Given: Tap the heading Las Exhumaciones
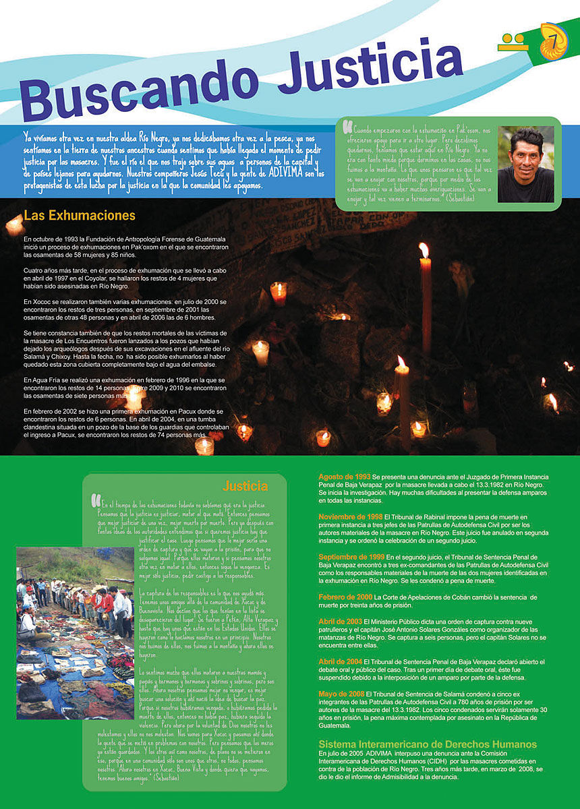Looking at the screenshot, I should [x=80, y=216].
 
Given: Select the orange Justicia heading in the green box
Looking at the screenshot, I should [x=245, y=485].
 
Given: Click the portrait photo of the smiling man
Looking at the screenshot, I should [x=525, y=164].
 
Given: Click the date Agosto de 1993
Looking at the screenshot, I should [x=344, y=477].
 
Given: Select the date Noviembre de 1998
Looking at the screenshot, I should [x=350, y=516].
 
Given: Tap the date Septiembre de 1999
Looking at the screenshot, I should [x=351, y=557].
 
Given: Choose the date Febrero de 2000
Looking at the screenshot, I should [x=345, y=597].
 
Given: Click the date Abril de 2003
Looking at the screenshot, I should [x=340, y=621].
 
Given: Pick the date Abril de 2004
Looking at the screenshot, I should [x=340, y=661].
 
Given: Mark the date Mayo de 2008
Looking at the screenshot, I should [x=341, y=693].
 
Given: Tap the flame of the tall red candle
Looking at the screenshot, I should [x=424, y=250].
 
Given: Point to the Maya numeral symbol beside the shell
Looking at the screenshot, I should [x=513, y=42].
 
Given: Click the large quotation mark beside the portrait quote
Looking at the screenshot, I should [x=347, y=127].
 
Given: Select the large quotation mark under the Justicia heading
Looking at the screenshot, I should [x=95, y=500].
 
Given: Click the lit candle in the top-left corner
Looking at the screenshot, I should [x=13, y=225].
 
